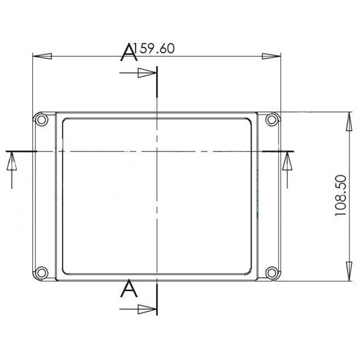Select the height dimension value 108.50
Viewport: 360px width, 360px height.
coord(341,196)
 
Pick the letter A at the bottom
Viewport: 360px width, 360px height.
coord(129,289)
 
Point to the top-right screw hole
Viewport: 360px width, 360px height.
coord(271,120)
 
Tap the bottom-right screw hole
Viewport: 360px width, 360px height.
coord(271,272)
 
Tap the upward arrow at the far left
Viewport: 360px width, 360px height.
coord(10,162)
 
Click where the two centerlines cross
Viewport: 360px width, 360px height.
coord(157,150)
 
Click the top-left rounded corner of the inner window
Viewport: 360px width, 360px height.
coord(67,121)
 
